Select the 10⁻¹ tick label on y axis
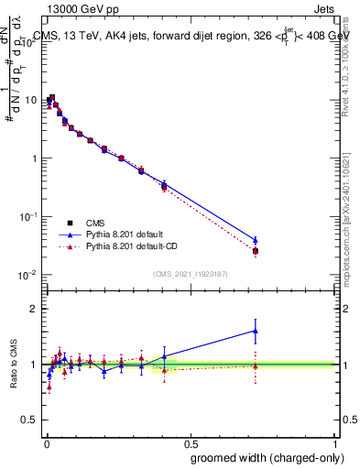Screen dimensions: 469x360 point(28,216)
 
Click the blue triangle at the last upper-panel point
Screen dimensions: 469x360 point(256,240)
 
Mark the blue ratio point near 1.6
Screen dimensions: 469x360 point(256,331)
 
